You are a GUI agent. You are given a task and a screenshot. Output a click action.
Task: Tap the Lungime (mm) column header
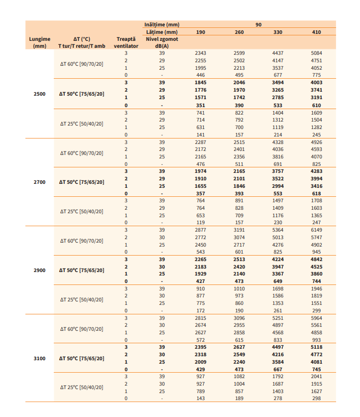click(39, 42)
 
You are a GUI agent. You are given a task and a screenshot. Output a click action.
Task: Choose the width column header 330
click(278, 32)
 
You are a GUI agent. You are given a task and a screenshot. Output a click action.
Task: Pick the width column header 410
click(316, 32)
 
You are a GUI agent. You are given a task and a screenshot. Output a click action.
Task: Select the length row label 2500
click(39, 93)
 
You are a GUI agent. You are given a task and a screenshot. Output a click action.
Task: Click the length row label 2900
click(39, 270)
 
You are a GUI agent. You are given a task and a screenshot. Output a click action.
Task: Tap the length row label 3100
click(39, 358)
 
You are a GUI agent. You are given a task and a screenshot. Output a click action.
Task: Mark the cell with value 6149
click(316, 230)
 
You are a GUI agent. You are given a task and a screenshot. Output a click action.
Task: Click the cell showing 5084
click(316, 53)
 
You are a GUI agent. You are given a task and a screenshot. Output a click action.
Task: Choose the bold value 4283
click(316, 171)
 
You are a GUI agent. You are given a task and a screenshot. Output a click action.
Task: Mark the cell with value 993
click(316, 340)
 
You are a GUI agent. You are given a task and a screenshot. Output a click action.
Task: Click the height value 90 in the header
click(258, 24)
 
